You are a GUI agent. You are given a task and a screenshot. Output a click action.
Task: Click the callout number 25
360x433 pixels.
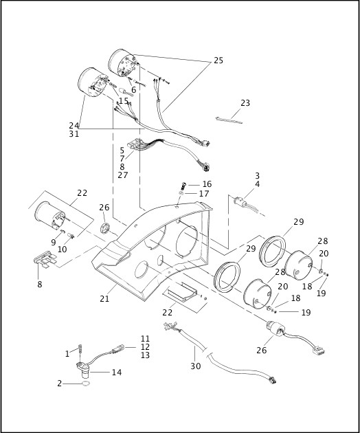click(218, 60)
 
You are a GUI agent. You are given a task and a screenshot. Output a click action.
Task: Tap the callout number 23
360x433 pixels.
click(245, 103)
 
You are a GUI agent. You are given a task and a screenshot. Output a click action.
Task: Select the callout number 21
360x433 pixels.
click(104, 298)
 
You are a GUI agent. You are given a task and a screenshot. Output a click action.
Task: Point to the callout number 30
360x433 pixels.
click(196, 366)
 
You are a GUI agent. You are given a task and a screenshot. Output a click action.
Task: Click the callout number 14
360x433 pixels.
click(117, 373)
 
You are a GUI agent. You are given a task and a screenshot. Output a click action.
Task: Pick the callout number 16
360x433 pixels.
click(207, 184)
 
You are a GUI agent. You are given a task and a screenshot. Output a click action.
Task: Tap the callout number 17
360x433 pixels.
click(204, 194)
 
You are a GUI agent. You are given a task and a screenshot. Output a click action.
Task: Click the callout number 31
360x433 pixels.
click(74, 134)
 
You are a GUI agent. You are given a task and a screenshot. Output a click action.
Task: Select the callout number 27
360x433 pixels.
click(123, 175)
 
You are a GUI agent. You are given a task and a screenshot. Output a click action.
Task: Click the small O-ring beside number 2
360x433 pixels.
click(86, 384)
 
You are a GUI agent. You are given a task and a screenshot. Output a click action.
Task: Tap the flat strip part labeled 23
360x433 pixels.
click(229, 120)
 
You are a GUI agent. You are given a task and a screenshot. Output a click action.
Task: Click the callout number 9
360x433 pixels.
click(54, 242)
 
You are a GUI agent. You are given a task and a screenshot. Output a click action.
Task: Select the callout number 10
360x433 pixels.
click(63, 249)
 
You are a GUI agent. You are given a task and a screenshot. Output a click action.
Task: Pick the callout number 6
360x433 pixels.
click(133, 90)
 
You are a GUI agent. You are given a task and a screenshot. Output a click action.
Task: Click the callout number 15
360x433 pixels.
click(124, 101)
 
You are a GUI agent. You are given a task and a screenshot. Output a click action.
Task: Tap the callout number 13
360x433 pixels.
click(145, 355)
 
